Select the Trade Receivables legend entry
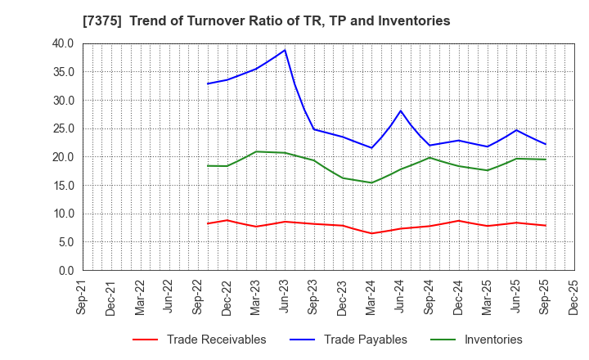(199, 340)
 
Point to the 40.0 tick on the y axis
(61, 43)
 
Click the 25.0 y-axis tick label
(61, 128)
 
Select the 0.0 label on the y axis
(65, 270)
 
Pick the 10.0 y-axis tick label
(61, 214)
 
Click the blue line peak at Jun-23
(285, 50)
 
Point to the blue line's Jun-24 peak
(401, 110)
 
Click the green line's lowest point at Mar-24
(371, 182)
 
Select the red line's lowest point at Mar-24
(371, 233)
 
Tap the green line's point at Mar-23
(256, 151)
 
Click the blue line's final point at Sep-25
(545, 144)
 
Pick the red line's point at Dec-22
(227, 220)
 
